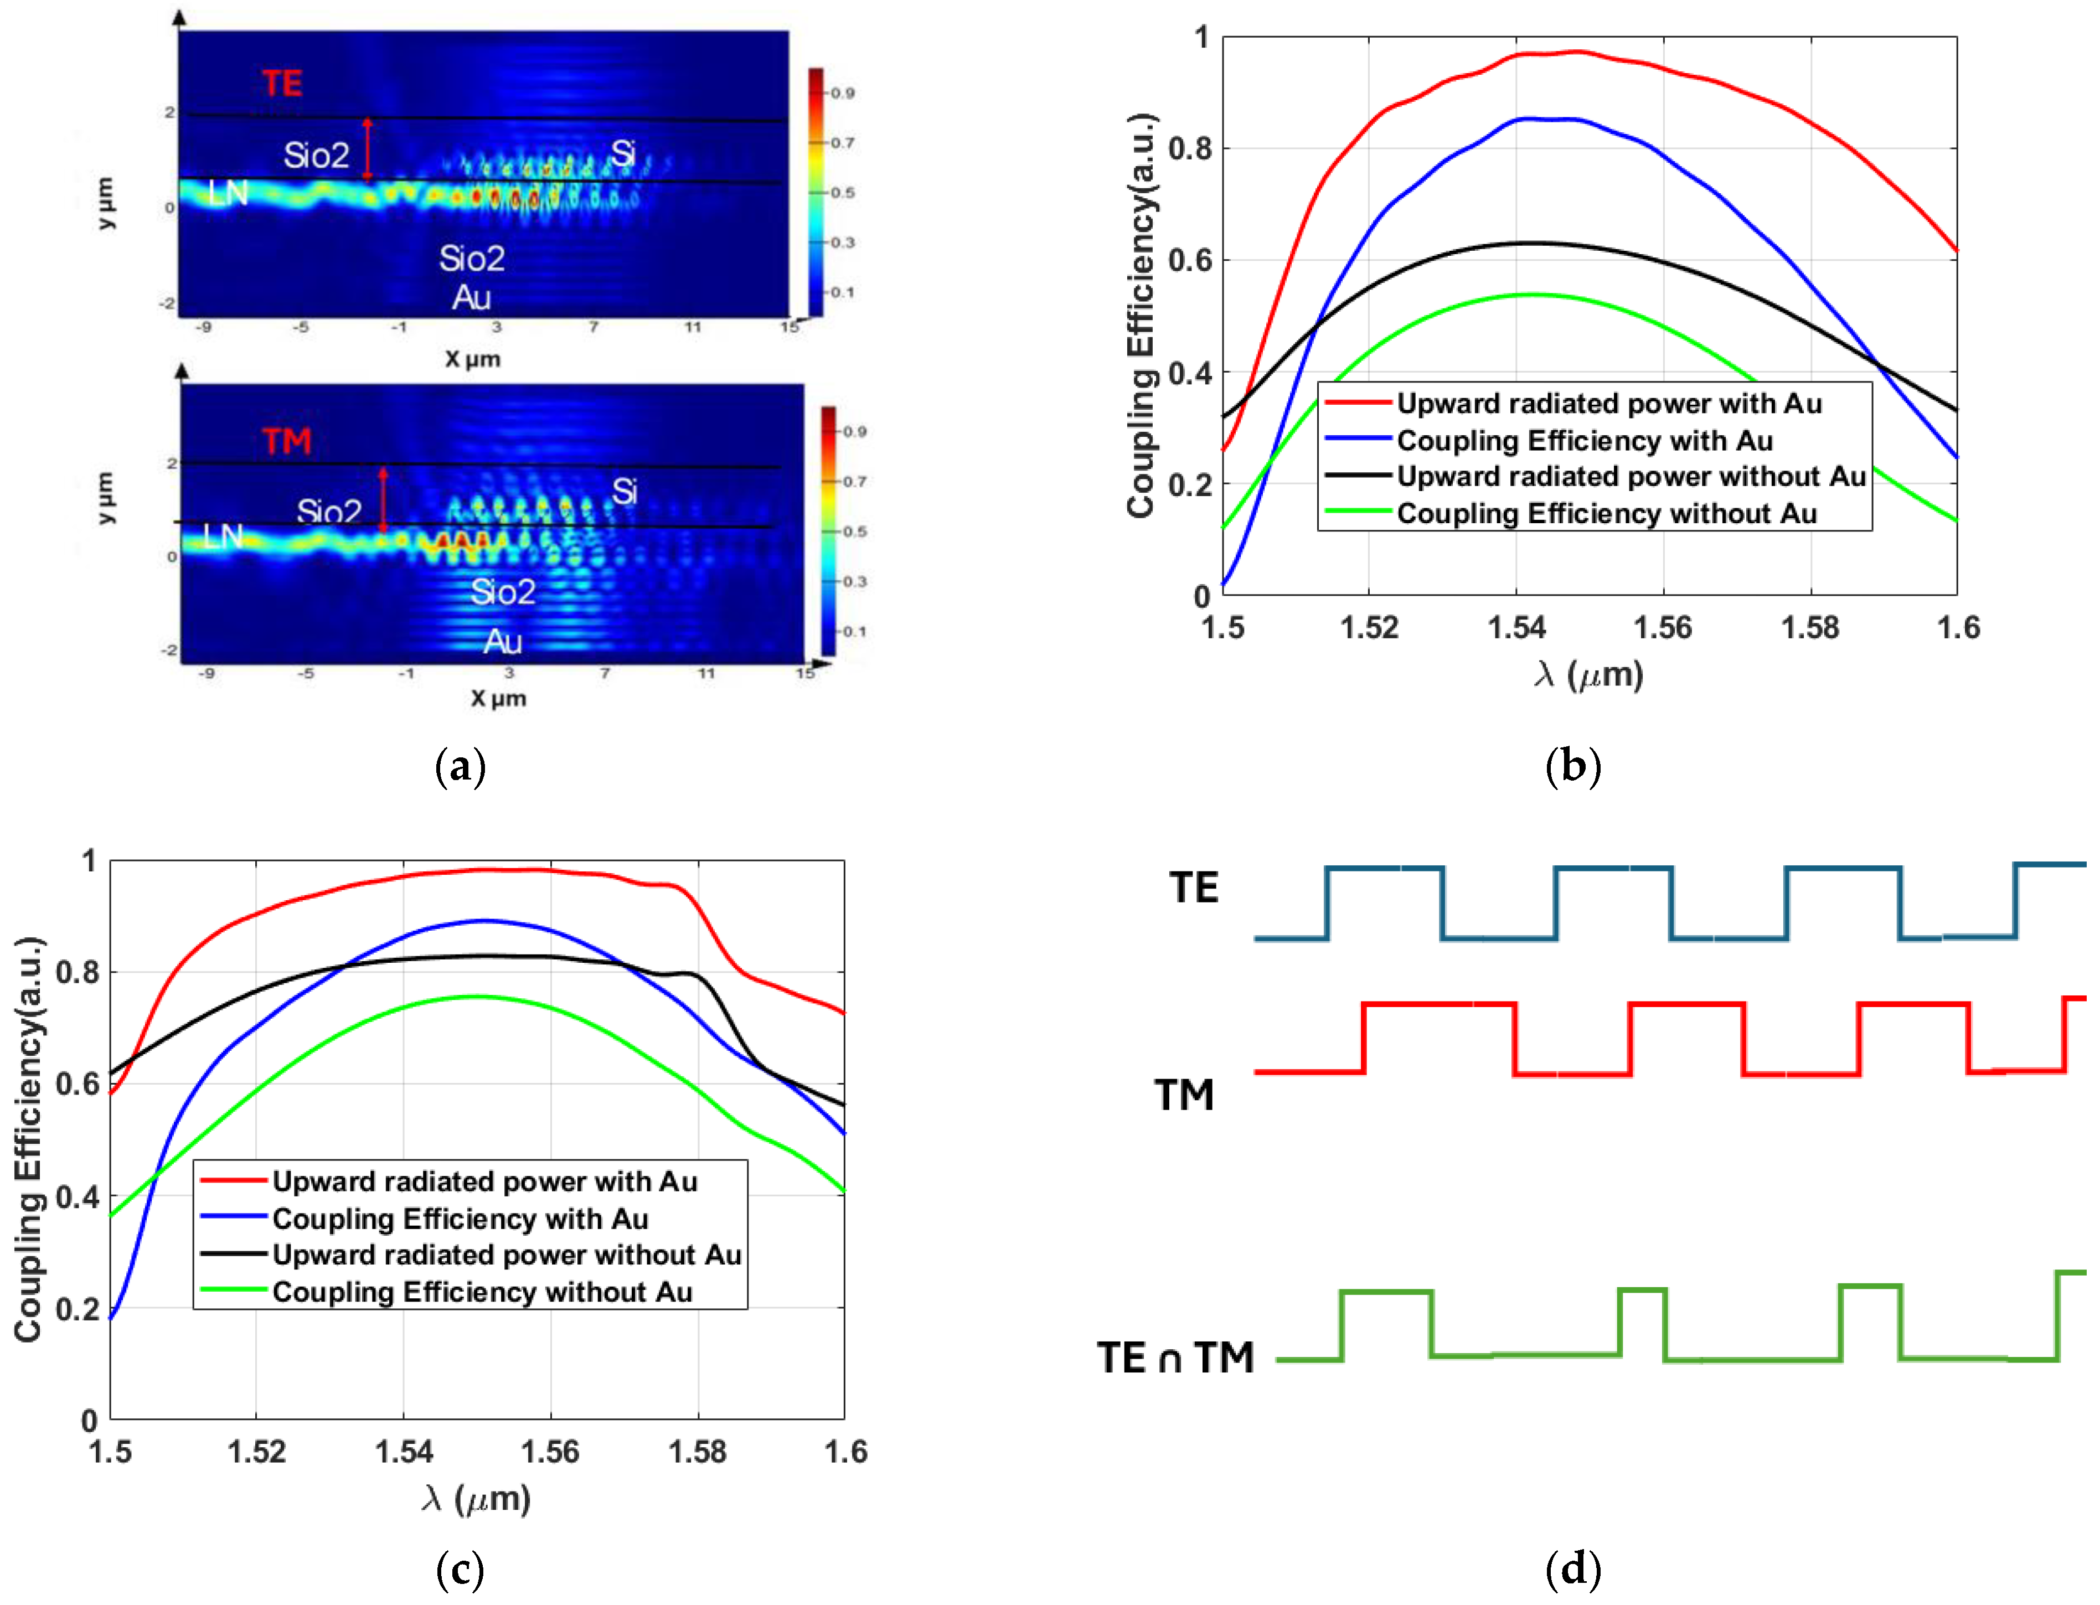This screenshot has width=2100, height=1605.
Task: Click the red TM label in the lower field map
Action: click(x=287, y=441)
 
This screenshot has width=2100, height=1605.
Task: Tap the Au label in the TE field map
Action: click(x=472, y=298)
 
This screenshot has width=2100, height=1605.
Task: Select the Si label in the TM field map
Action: click(x=624, y=492)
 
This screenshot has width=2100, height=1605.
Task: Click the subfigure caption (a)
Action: click(x=461, y=767)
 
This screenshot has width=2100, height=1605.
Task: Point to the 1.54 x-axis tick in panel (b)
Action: click(x=1516, y=628)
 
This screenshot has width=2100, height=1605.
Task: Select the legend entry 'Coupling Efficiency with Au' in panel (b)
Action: click(x=1584, y=440)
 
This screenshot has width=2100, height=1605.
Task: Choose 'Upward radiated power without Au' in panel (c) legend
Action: click(x=507, y=1255)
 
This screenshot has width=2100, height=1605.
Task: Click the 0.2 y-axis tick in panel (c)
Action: click(x=76, y=1309)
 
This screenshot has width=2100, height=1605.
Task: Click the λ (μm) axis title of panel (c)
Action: click(x=476, y=1498)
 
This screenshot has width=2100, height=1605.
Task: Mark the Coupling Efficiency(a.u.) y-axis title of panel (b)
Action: click(x=1142, y=315)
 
